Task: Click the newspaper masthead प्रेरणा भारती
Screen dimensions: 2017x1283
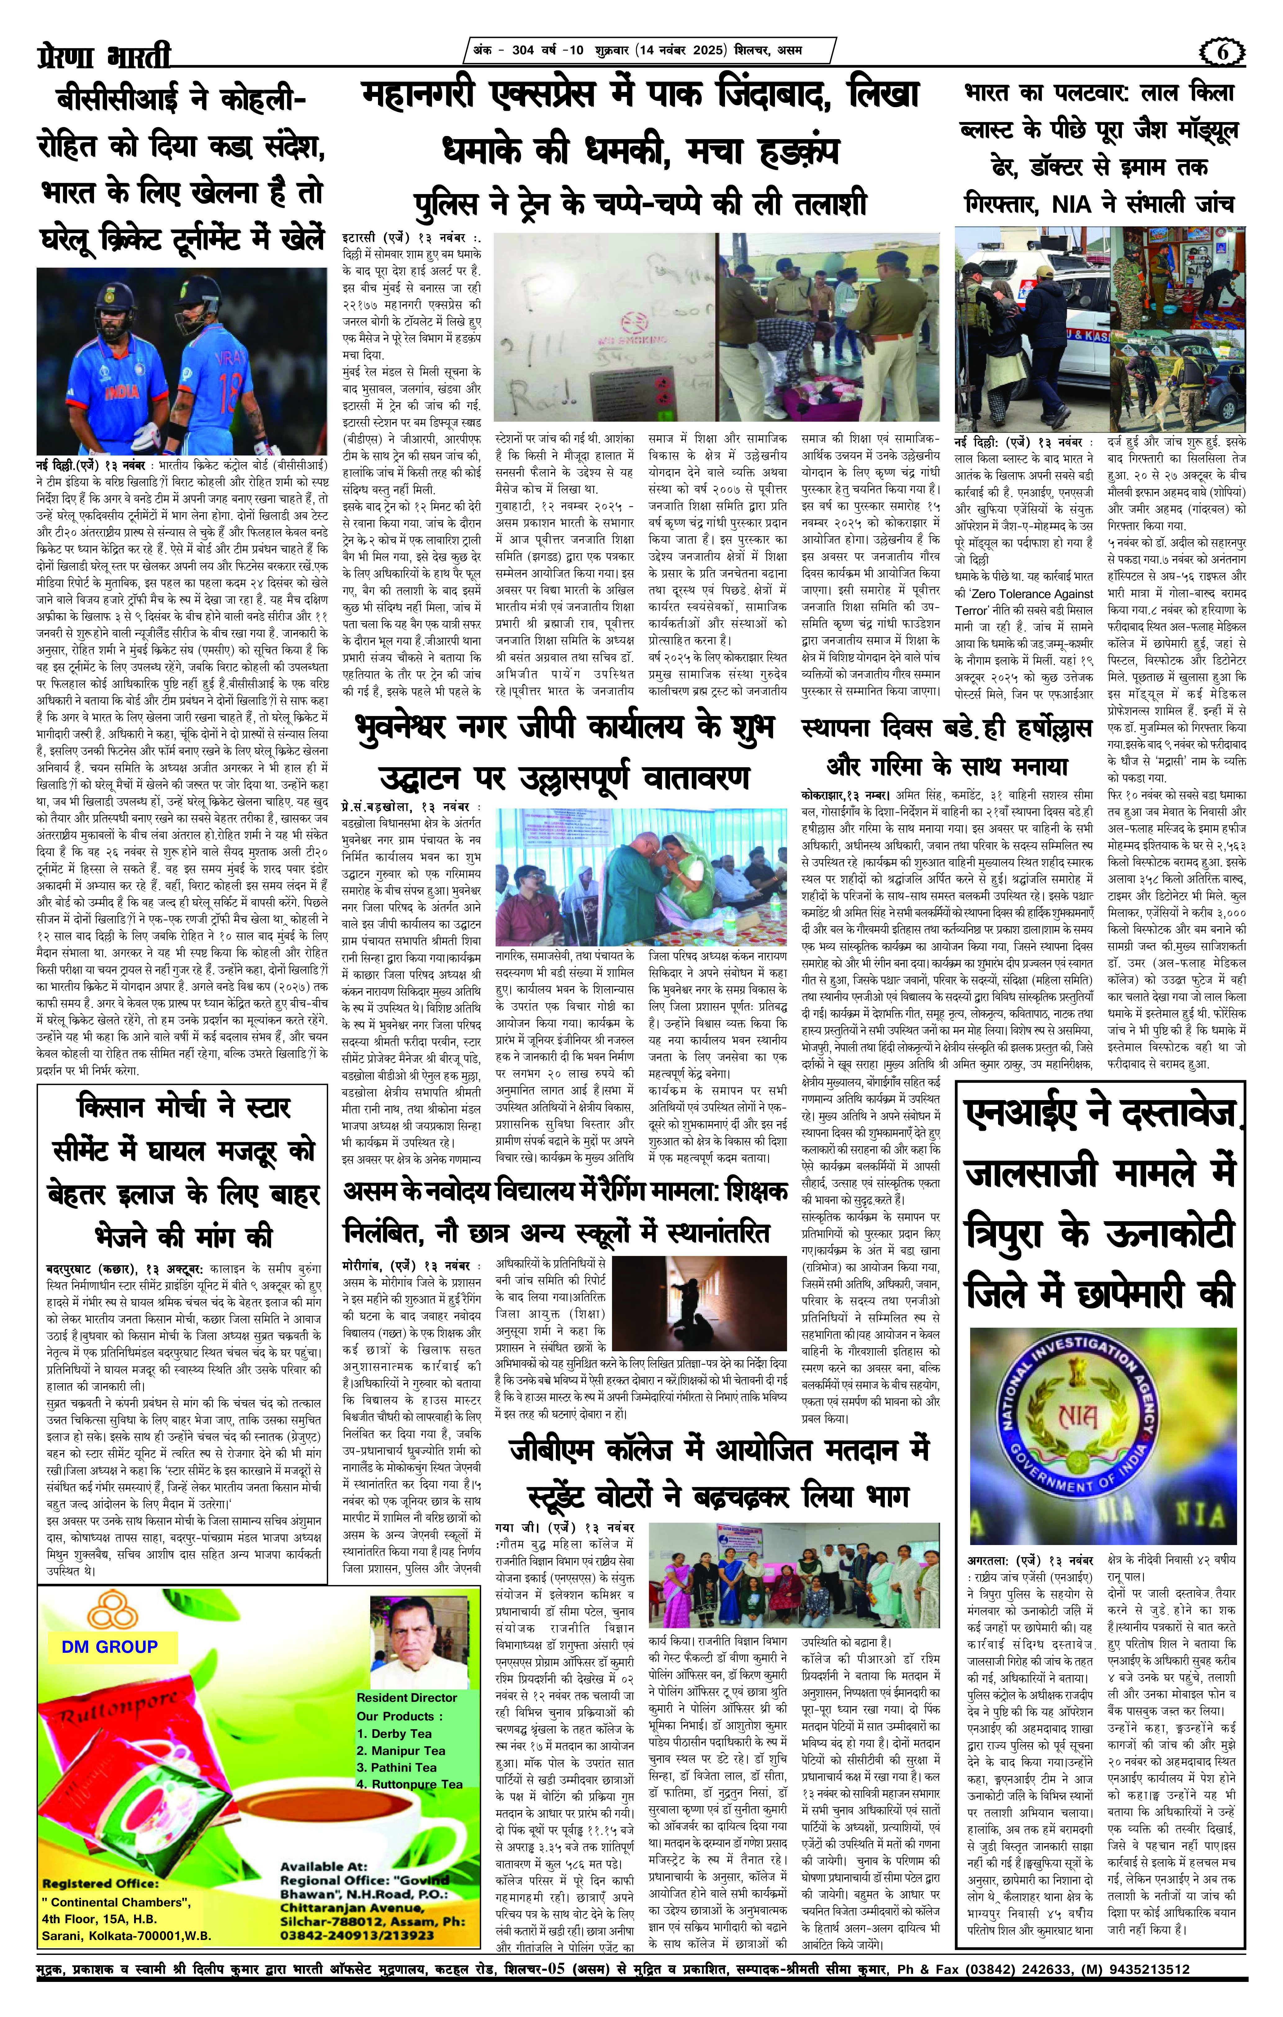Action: [105, 57]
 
